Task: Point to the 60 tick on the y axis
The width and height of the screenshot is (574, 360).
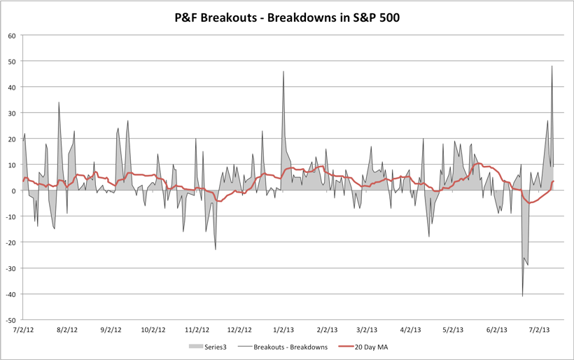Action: (x=12, y=36)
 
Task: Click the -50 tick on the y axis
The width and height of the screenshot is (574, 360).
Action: (x=10, y=319)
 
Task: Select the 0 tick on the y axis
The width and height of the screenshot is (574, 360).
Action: (x=14, y=191)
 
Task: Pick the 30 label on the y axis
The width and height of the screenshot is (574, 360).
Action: (x=12, y=113)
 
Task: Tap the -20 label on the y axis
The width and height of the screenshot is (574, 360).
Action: (x=10, y=242)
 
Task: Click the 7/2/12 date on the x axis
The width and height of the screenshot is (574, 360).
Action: (x=23, y=329)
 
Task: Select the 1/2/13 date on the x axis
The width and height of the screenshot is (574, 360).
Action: (x=283, y=329)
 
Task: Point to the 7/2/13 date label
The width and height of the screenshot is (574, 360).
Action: (x=540, y=329)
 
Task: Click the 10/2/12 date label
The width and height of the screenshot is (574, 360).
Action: (x=153, y=329)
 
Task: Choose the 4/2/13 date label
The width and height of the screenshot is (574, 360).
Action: (x=411, y=329)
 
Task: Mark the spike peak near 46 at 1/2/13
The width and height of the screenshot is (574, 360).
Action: (x=283, y=71)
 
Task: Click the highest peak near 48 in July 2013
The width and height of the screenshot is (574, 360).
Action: (x=552, y=67)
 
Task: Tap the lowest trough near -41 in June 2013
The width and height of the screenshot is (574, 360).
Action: (x=522, y=296)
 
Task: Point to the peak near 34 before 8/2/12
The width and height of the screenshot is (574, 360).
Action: (x=59, y=102)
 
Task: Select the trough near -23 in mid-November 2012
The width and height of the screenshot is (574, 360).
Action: (x=216, y=249)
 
